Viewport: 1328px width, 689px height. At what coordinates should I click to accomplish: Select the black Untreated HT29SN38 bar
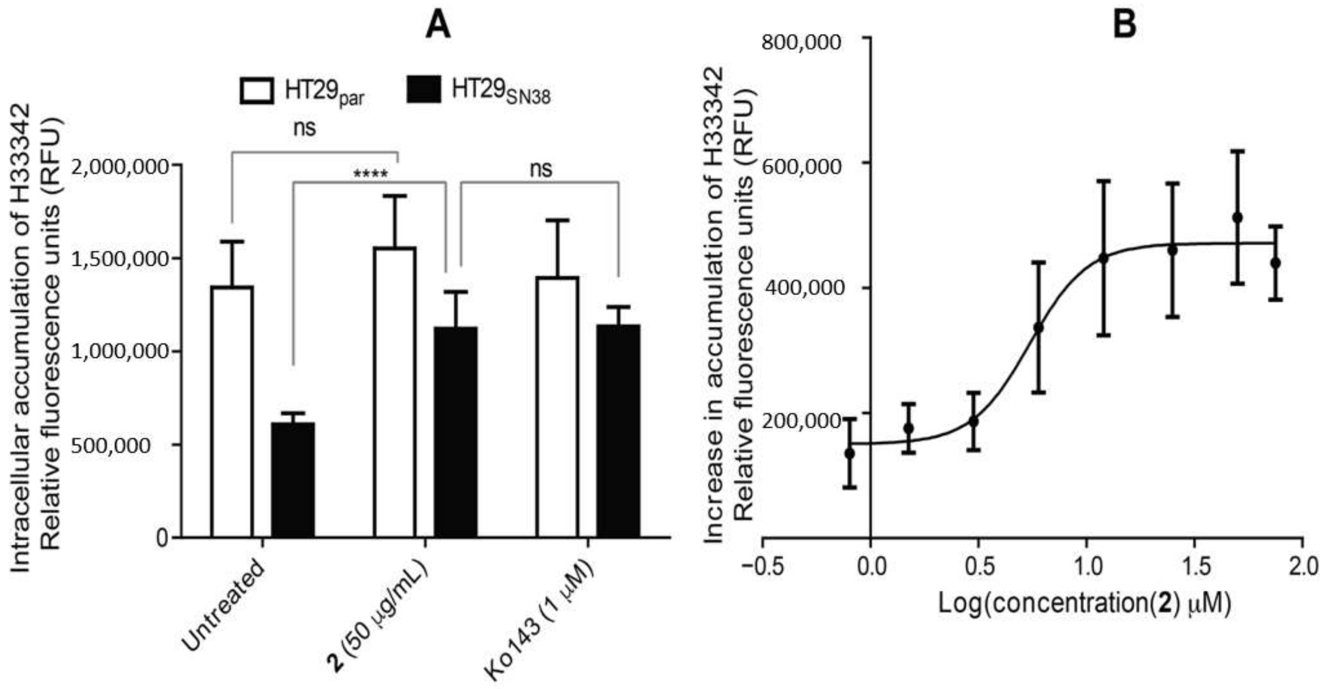[293, 479]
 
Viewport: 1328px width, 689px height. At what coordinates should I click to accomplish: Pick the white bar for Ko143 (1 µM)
[557, 407]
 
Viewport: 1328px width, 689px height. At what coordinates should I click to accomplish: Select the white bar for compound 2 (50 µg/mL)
[394, 392]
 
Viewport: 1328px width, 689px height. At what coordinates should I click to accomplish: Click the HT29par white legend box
[257, 91]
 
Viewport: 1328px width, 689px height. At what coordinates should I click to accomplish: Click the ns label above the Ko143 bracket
[541, 168]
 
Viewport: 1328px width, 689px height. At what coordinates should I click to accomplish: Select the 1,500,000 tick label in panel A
[119, 259]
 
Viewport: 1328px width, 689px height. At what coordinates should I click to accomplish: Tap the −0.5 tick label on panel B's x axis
[762, 567]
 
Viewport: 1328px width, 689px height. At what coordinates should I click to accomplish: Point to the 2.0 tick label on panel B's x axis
[1302, 567]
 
